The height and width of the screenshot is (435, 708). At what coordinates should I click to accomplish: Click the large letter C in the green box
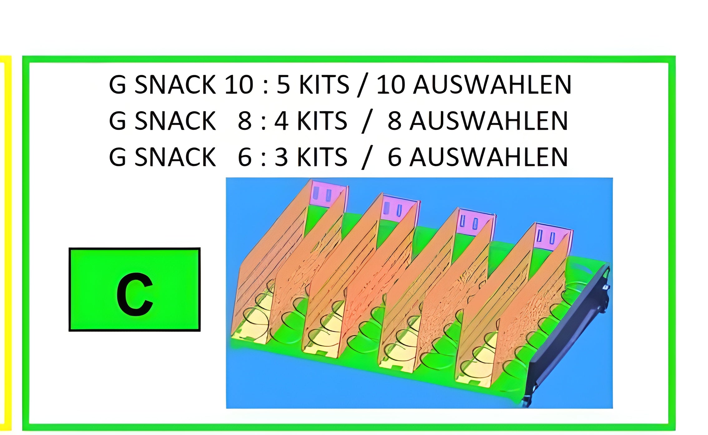(x=135, y=294)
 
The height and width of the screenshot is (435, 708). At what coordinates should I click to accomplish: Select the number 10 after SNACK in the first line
(x=238, y=84)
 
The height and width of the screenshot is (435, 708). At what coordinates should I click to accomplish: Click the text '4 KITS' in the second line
(x=311, y=121)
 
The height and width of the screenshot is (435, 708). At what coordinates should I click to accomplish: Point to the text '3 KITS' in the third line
(x=311, y=157)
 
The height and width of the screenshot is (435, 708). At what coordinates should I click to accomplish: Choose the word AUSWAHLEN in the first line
(x=492, y=84)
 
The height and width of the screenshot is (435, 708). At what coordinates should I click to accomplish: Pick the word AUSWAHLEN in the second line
(x=489, y=121)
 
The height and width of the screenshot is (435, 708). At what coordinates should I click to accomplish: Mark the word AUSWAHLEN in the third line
(x=489, y=157)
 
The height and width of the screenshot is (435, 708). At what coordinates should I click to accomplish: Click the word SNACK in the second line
(x=175, y=121)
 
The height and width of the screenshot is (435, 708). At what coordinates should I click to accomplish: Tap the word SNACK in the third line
(x=175, y=157)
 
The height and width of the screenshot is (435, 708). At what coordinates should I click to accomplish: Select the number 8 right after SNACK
(x=244, y=121)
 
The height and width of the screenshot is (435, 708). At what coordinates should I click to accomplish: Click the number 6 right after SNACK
(x=244, y=157)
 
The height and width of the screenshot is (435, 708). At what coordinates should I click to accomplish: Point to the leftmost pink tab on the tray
(x=326, y=194)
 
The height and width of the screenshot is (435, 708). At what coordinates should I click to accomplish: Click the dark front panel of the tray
(x=568, y=337)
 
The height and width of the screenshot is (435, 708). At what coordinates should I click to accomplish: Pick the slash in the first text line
(x=362, y=85)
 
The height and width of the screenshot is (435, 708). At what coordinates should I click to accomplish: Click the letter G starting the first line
(x=117, y=84)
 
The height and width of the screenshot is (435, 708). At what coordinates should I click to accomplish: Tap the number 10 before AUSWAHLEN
(x=391, y=84)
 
